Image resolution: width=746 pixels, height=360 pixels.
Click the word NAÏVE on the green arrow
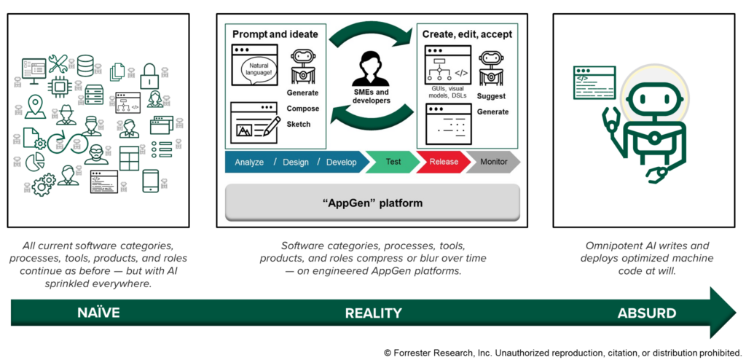point(98,313)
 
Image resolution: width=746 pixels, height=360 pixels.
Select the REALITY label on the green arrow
point(372,313)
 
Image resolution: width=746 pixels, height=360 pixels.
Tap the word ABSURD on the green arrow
point(646,313)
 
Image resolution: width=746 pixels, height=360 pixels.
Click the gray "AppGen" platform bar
point(372,203)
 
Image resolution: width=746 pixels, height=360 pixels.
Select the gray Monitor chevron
point(493,162)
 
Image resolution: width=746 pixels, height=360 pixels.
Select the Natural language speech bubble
point(259,72)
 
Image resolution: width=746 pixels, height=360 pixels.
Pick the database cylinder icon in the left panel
point(86,65)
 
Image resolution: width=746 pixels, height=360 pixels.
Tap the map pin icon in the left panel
point(34,106)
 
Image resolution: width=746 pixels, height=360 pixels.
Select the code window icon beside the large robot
point(594,83)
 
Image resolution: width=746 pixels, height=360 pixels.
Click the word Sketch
point(299,124)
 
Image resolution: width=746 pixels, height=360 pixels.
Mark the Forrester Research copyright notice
point(562,351)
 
